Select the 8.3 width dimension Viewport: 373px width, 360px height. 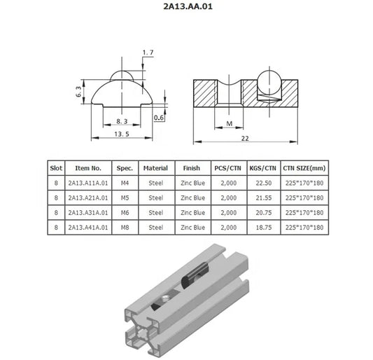(x=122, y=121)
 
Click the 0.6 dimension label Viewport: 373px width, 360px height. (x=160, y=118)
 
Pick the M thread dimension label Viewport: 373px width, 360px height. (x=229, y=124)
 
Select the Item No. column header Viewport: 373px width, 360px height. (x=88, y=168)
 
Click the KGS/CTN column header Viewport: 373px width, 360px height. (x=260, y=168)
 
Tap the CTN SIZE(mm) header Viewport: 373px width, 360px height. (x=304, y=168)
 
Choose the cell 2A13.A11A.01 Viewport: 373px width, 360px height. (x=88, y=183)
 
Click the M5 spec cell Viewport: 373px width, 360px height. (x=125, y=198)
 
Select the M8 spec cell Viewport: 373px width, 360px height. (x=125, y=228)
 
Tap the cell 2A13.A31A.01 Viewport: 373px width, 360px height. (x=88, y=212)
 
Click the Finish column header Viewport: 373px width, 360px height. (x=192, y=168)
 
